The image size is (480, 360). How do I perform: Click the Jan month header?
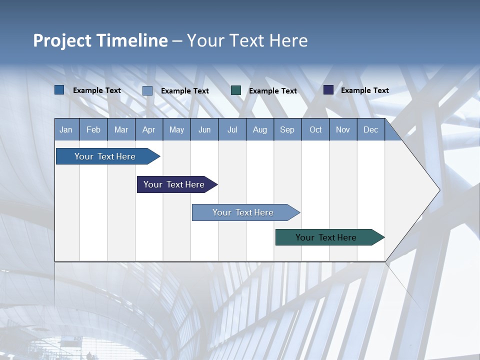point(66,129)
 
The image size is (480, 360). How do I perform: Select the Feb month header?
point(93,129)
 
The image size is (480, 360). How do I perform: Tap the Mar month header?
point(121,129)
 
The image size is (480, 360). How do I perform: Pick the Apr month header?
point(149,129)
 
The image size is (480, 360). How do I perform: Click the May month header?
point(176,129)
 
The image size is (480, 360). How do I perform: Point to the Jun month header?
point(204,129)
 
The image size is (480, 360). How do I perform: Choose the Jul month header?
point(232,129)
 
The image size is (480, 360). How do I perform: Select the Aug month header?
point(260,129)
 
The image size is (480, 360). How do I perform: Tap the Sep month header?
point(287,129)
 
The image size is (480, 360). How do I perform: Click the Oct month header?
point(315,129)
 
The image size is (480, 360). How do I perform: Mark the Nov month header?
point(343,129)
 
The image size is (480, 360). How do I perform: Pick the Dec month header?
point(371,129)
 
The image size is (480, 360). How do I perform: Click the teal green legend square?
point(236,90)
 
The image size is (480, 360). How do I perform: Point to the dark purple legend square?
point(328,90)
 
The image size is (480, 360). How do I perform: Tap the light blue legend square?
point(147,90)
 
